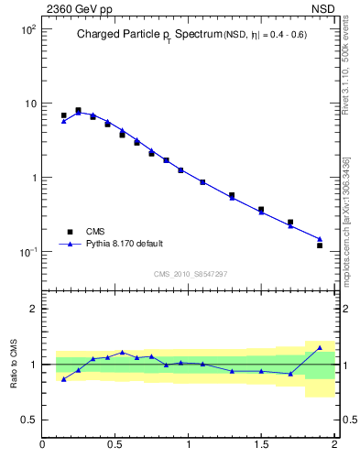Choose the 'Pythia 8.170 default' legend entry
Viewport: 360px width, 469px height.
tap(123, 244)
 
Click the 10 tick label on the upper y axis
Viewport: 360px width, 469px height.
tap(29, 104)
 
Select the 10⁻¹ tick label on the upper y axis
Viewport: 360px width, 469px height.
tap(27, 252)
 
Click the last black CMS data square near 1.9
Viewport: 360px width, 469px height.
tap(320, 245)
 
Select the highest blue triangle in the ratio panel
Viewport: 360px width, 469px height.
tap(320, 347)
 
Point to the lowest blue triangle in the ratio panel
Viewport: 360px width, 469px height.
tap(63, 378)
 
